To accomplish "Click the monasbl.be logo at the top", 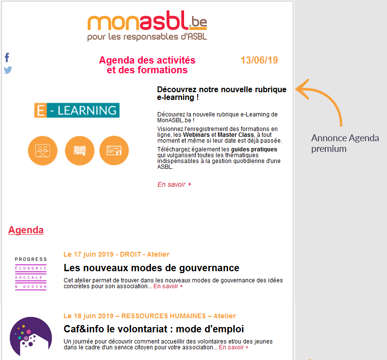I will pyautogui.click(x=147, y=26).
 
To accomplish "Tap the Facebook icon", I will pyautogui.click(x=7, y=57).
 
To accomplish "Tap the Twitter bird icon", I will pyautogui.click(x=8, y=70).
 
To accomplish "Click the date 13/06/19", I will pyautogui.click(x=259, y=61).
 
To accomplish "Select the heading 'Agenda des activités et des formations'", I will pyautogui.click(x=147, y=65).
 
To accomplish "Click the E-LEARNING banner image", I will pyautogui.click(x=77, y=110).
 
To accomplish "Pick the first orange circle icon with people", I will pyautogui.click(x=43, y=150).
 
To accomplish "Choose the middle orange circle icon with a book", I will pyautogui.click(x=80, y=150).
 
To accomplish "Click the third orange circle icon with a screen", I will pyautogui.click(x=114, y=150).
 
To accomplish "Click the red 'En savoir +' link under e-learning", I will pyautogui.click(x=174, y=184).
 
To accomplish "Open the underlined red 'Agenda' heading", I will pyautogui.click(x=26, y=230).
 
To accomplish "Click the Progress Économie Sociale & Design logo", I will pyautogui.click(x=31, y=273).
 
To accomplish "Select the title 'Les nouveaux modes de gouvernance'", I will pyautogui.click(x=151, y=268).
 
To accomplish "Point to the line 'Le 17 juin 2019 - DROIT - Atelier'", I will pyautogui.click(x=117, y=254).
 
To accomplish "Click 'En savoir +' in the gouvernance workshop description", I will pyautogui.click(x=168, y=286).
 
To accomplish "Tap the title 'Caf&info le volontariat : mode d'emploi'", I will pyautogui.click(x=153, y=329).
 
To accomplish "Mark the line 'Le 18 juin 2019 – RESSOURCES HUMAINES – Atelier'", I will pyautogui.click(x=150, y=316).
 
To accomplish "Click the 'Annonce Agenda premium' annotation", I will pyautogui.click(x=345, y=143).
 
